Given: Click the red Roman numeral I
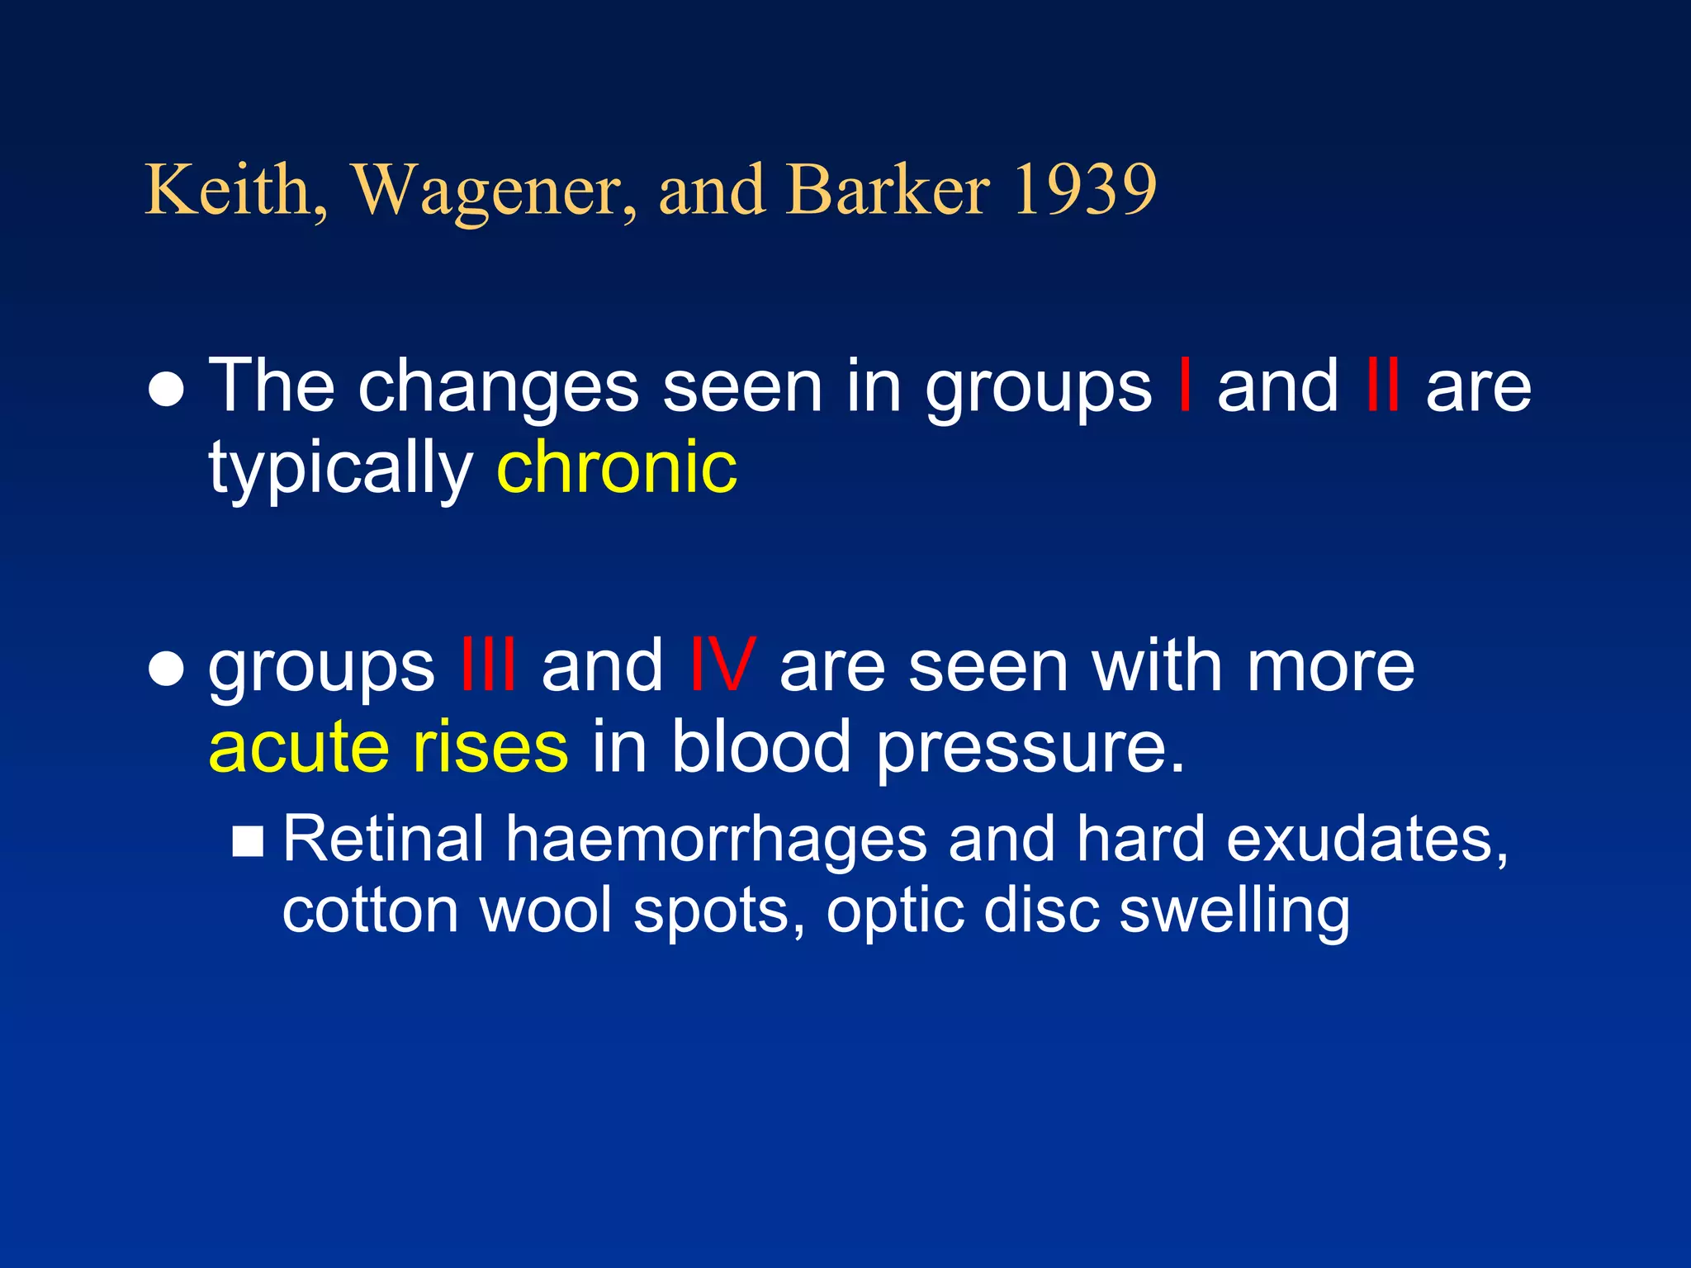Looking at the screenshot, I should pyautogui.click(x=1185, y=386).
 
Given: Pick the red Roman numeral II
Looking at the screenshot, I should pyautogui.click(x=1382, y=386).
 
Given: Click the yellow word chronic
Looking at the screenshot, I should pyautogui.click(x=617, y=467).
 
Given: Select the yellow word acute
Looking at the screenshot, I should pyautogui.click(x=298, y=746).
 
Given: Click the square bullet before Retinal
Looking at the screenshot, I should pyautogui.click(x=248, y=841).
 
